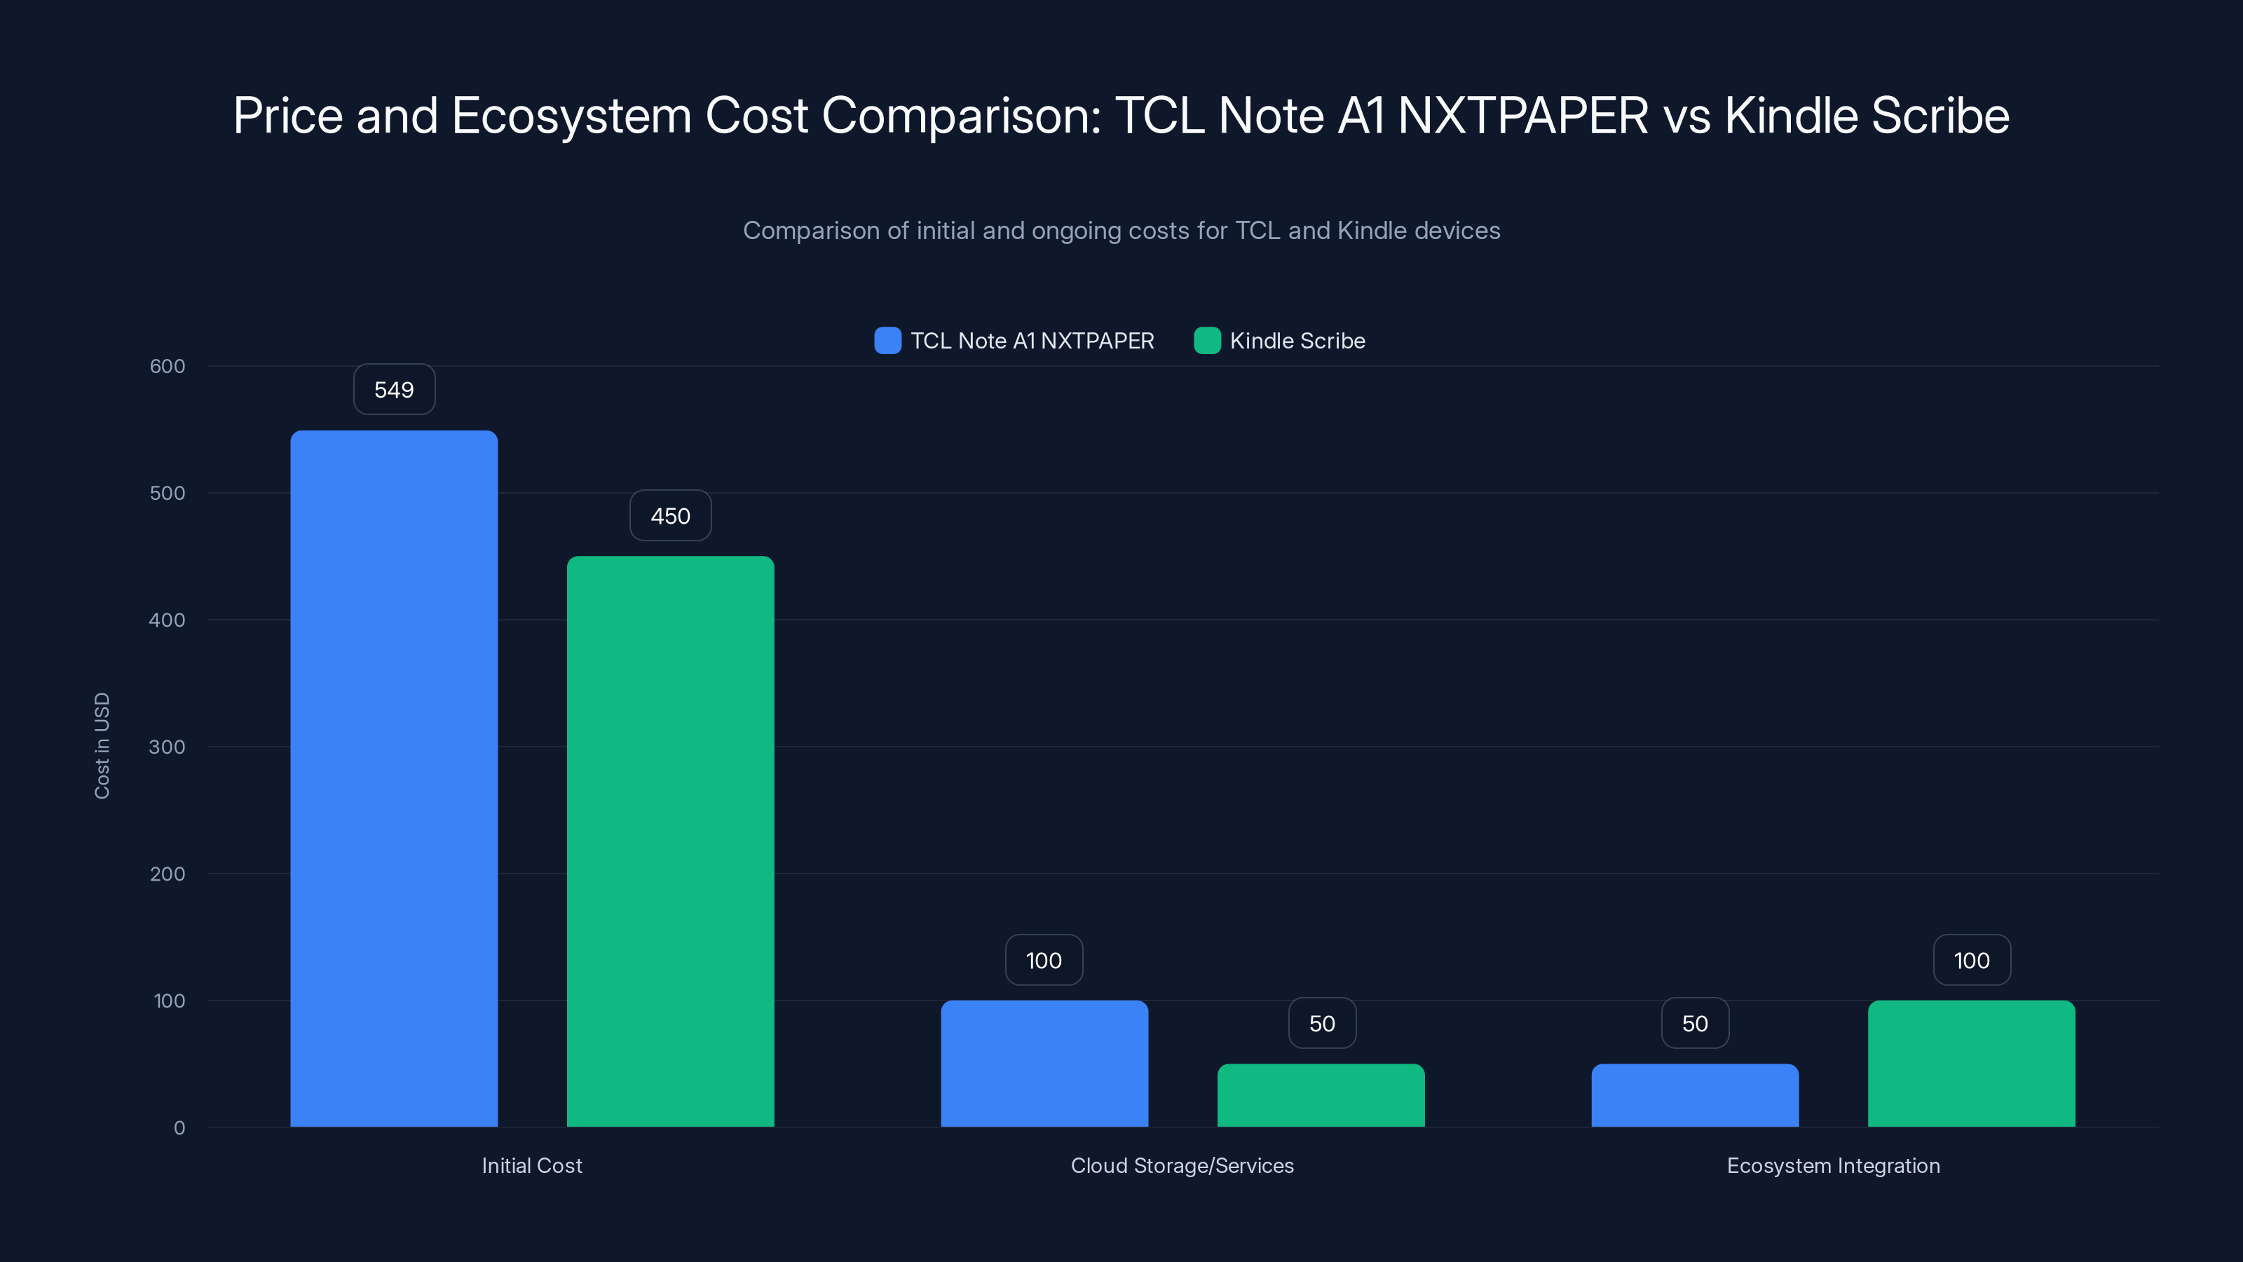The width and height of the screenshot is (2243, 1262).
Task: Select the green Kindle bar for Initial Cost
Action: [x=671, y=841]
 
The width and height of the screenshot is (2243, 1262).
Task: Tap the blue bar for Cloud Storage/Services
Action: [x=1044, y=1064]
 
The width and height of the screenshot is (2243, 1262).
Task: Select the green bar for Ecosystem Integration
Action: [x=1971, y=1064]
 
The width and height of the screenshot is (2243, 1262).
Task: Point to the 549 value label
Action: [x=393, y=389]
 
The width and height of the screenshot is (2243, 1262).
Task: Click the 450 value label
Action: [x=671, y=515]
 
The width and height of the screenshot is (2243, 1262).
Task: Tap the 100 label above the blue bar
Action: [x=1044, y=960]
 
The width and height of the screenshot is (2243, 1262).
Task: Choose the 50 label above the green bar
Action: [x=1322, y=1024]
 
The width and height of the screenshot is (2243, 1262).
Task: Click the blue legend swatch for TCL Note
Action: [x=887, y=341]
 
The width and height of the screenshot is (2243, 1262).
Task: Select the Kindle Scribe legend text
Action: [x=1297, y=341]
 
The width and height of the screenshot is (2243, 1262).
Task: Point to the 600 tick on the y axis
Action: [x=168, y=366]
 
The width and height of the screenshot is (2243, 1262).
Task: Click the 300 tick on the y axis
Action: [x=168, y=747]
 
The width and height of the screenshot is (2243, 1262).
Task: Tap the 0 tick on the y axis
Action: [x=179, y=1128]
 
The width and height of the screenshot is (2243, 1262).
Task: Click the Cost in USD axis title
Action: [x=102, y=745]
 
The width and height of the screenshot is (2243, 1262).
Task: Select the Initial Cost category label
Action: [x=531, y=1165]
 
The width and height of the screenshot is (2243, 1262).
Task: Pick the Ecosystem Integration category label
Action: [x=1833, y=1165]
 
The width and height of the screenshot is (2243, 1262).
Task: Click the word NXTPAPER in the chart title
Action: [x=1522, y=115]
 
